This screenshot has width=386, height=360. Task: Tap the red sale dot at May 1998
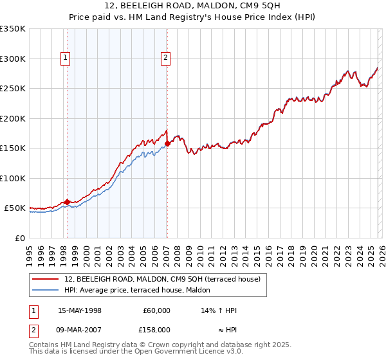[67, 202]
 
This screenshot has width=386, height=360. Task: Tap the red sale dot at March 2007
[167, 143]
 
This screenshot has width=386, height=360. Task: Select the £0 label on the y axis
[19, 238]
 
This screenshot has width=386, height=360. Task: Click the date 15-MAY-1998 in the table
[80, 310]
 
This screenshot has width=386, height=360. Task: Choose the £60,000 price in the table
[157, 310]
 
